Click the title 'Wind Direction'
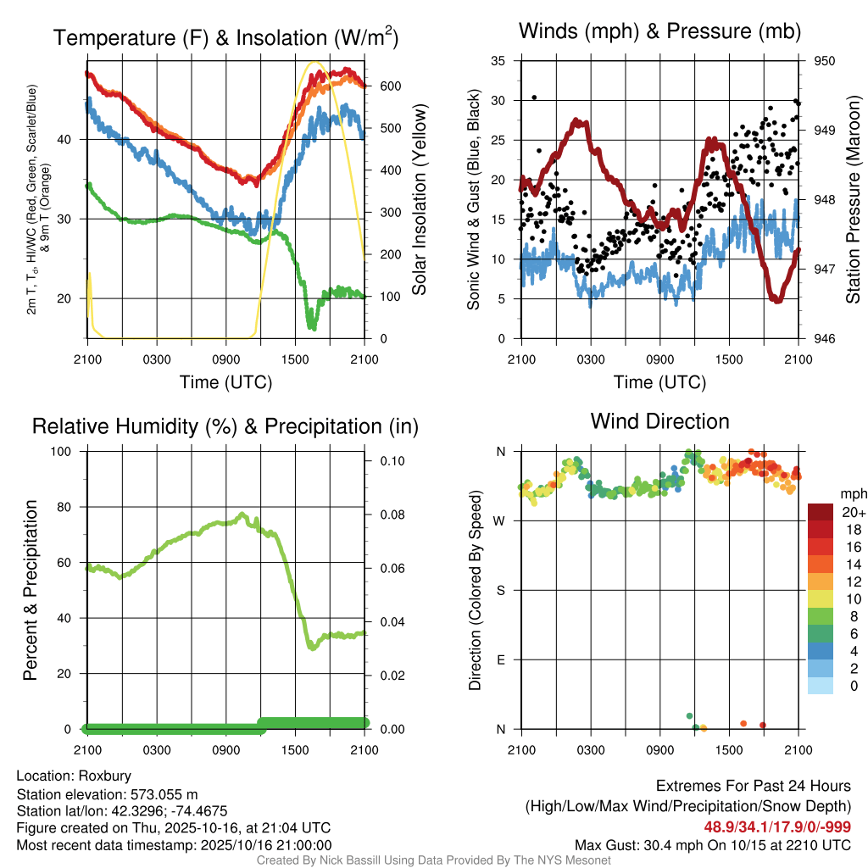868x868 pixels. pyautogui.click(x=659, y=421)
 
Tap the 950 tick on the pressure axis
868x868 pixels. pyautogui.click(x=825, y=61)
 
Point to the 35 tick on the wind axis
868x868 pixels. pyautogui.click(x=498, y=61)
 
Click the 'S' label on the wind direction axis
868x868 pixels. pyautogui.click(x=502, y=590)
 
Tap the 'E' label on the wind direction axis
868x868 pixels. pyautogui.click(x=502, y=659)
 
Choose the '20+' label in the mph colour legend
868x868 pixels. pyautogui.click(x=852, y=511)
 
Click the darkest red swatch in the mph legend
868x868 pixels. pyautogui.click(x=821, y=512)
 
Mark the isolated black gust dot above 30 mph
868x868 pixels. pyautogui.click(x=534, y=97)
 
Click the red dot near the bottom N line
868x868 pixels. pyautogui.click(x=763, y=725)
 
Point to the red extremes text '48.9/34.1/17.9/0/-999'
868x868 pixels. pyautogui.click(x=777, y=826)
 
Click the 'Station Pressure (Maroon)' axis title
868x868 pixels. pyautogui.click(x=854, y=199)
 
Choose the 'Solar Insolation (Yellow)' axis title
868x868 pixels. pyautogui.click(x=419, y=199)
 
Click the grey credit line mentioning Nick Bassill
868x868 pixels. pyautogui.click(x=433, y=860)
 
